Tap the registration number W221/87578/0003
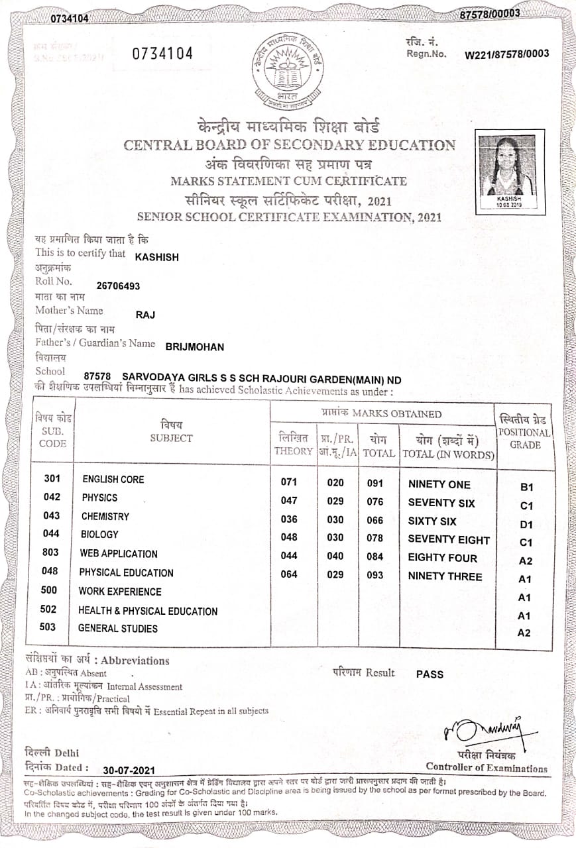pos(507,54)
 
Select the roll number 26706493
pos(119,286)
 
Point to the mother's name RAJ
pos(145,315)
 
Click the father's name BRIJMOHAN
pos(195,346)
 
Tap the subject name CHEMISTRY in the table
pos(105,516)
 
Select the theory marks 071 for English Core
pos(289,482)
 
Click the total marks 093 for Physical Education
pos(375,575)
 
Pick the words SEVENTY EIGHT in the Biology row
pos(449,539)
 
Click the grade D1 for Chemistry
pos(526,524)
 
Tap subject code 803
pos(50,553)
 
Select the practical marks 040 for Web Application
pos(335,556)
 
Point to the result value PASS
pos(430,674)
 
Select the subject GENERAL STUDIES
pos(118,628)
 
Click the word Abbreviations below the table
pos(135,661)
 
